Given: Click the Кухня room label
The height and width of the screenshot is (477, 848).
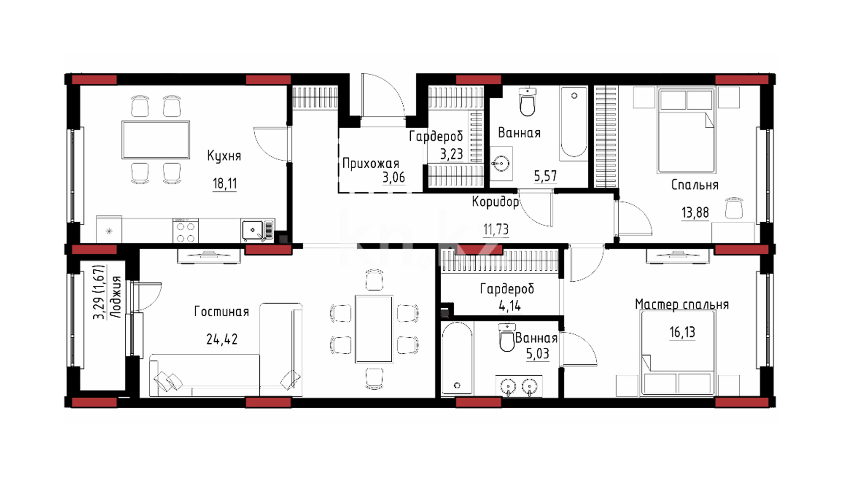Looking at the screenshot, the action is click(224, 156).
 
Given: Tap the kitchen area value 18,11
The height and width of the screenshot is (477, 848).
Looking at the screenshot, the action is click(225, 183).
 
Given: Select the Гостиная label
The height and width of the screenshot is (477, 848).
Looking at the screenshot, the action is click(222, 312).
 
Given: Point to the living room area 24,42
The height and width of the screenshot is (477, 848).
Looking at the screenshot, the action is click(222, 339).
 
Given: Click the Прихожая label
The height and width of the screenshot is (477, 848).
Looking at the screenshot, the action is click(371, 164).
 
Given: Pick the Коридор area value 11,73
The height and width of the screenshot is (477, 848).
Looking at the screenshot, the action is click(496, 230).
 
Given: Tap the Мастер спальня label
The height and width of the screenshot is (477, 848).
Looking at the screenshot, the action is click(681, 305).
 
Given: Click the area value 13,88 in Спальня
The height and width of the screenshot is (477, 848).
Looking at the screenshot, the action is click(695, 213).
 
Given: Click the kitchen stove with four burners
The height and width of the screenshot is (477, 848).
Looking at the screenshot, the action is click(185, 231).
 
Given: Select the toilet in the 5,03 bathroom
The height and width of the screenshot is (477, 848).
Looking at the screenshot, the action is click(507, 337).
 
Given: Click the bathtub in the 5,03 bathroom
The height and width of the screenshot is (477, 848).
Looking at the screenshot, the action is click(457, 358).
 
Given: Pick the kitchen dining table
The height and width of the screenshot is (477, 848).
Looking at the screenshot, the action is click(155, 140).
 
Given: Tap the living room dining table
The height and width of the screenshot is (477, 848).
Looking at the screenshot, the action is click(374, 329).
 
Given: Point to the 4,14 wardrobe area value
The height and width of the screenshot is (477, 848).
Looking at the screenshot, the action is click(510, 306).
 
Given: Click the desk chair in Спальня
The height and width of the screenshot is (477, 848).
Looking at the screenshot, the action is click(734, 208).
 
